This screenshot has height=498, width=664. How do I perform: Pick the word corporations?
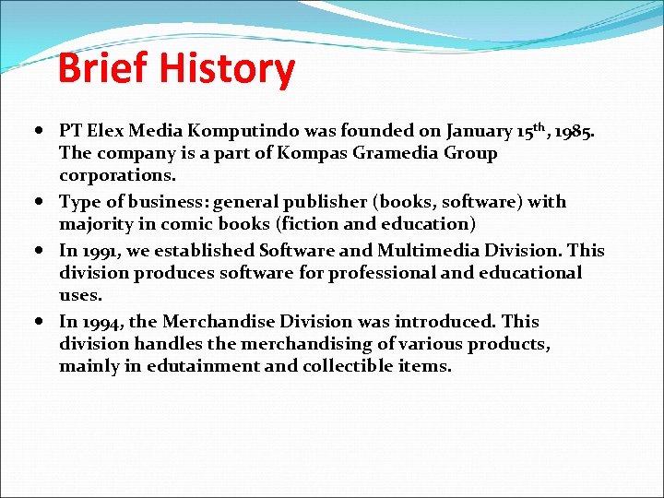tap(117, 174)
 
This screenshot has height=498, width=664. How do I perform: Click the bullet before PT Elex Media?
tap(45, 131)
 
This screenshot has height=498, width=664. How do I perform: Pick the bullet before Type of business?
tap(45, 202)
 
